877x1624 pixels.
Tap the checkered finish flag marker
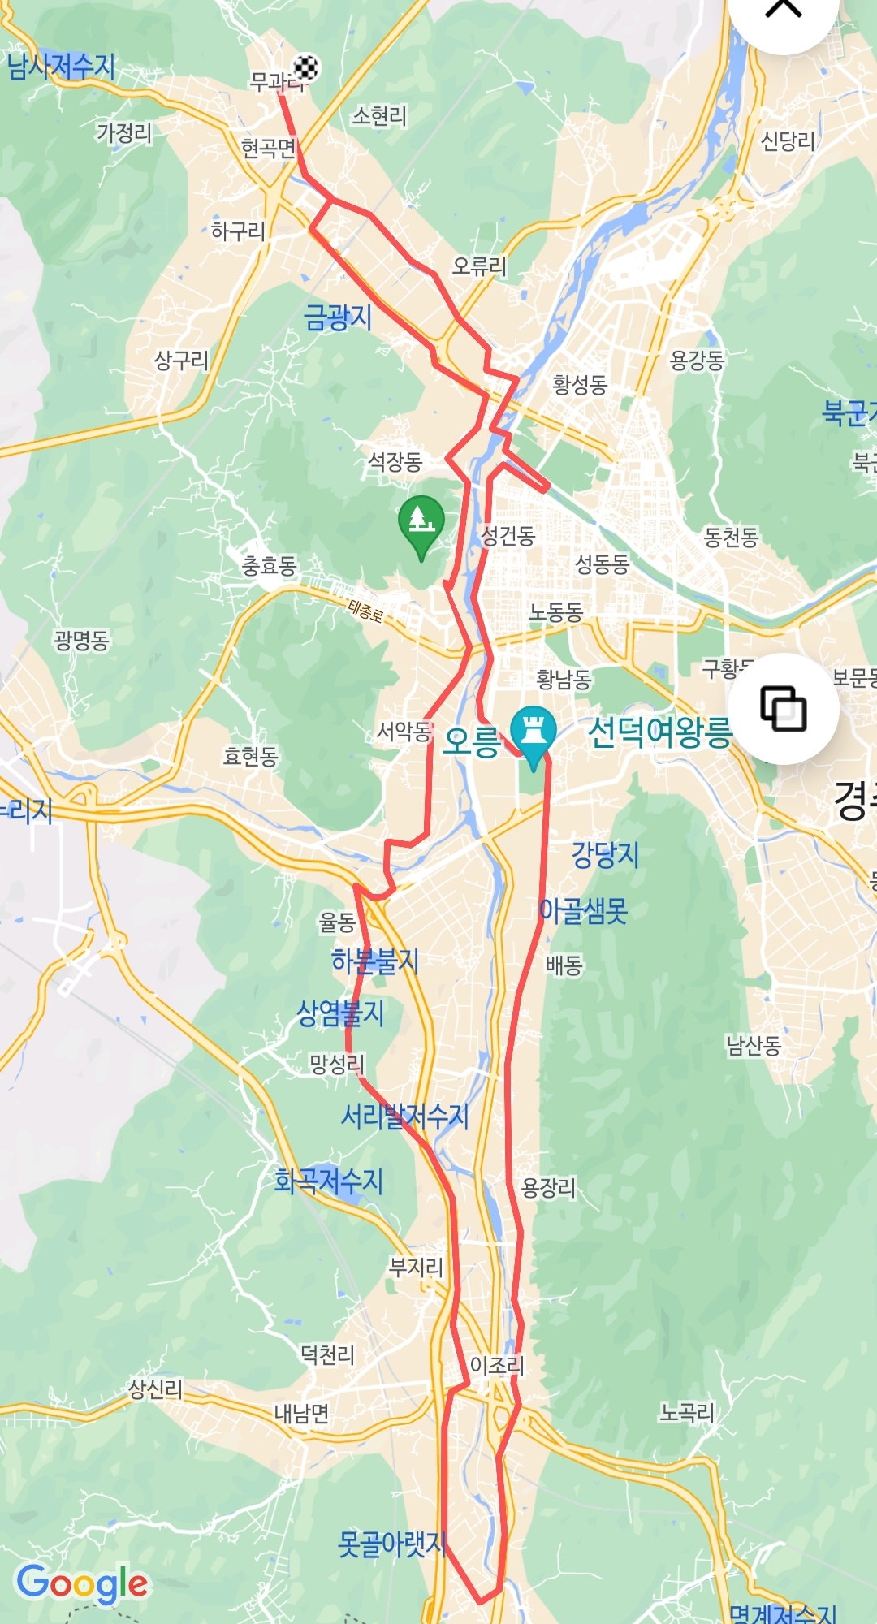[x=305, y=67]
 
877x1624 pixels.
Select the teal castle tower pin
[x=533, y=732]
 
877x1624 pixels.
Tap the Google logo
[x=82, y=1583]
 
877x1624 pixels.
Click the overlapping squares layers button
[x=783, y=709]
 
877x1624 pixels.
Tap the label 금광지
[x=338, y=317]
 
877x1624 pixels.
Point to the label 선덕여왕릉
[x=659, y=732]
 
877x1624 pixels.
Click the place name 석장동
[x=395, y=462]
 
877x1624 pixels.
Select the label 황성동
[x=580, y=384]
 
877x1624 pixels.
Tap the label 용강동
[x=697, y=360]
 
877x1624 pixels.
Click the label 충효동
[x=270, y=565]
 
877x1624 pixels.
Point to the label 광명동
[x=82, y=641]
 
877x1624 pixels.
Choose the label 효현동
[x=251, y=756]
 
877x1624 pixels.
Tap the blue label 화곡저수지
[x=328, y=1181]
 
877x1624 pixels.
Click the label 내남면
[x=301, y=1414]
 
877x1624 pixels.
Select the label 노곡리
[x=687, y=1413]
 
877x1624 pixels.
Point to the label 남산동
[x=754, y=1045]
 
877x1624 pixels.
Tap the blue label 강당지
[x=606, y=854]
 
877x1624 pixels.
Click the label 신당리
[x=787, y=141]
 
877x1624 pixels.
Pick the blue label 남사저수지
[x=61, y=67]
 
